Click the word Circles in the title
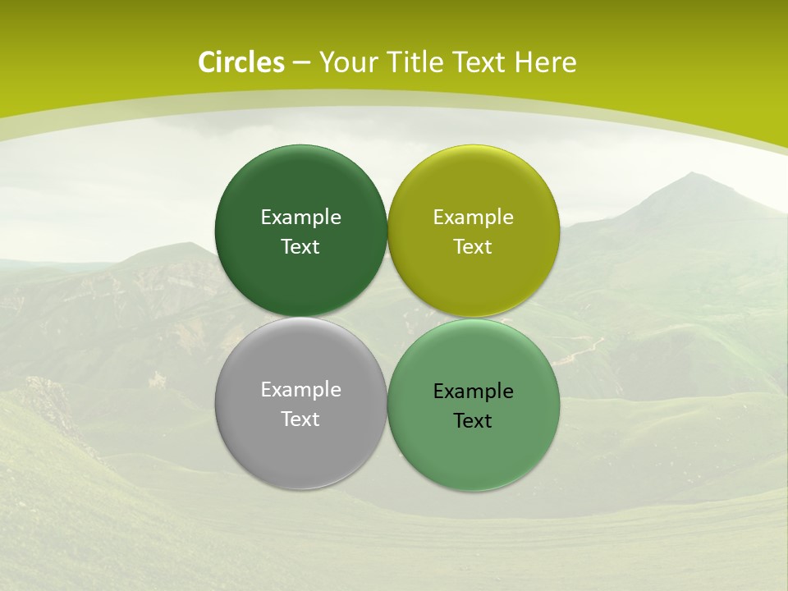click(x=241, y=62)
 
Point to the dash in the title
click(x=301, y=63)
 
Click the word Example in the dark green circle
click(x=300, y=218)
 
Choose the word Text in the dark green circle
click(x=300, y=247)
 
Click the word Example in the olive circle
click(x=474, y=218)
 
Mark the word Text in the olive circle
click(x=474, y=247)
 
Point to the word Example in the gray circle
click(x=300, y=390)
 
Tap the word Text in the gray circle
click(x=300, y=419)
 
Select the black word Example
click(x=474, y=392)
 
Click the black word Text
click(x=474, y=421)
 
